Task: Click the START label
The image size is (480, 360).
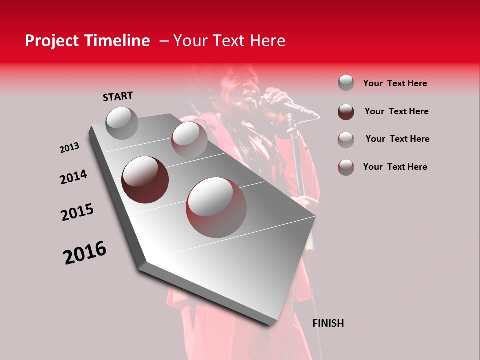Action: coord(118,96)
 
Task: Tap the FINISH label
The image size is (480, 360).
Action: coord(328,323)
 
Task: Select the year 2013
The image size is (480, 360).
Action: coord(69,148)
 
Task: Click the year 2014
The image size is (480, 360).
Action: coord(73,177)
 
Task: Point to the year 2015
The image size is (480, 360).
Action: coord(77,212)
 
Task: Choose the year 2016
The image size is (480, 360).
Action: coord(85,252)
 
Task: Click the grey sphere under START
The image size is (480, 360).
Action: coord(122,123)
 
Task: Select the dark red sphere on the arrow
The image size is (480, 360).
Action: coord(145,179)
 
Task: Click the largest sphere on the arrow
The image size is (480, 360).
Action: coord(216,207)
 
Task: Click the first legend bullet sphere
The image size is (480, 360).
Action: coord(346,83)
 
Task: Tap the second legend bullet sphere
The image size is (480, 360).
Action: coord(346,112)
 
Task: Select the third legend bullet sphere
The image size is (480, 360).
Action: coord(346,140)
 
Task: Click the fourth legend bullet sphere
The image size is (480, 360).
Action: coord(346,167)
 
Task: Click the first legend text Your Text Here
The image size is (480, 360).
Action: coord(395,83)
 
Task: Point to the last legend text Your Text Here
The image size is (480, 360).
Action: coord(395,167)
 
